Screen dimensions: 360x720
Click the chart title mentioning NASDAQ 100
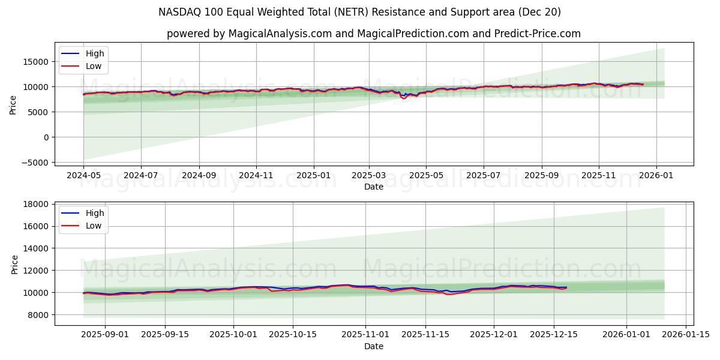(360, 12)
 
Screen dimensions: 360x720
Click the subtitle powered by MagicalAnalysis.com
(373, 34)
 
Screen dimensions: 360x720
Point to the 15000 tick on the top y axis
(36, 61)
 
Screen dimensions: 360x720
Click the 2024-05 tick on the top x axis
(83, 175)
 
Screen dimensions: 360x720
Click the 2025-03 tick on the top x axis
(368, 175)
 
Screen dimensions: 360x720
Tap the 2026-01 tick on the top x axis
(656, 175)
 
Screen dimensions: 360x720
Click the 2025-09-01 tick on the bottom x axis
(105, 335)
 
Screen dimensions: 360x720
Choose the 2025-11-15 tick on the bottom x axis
(425, 335)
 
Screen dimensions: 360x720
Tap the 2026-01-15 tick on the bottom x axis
(685, 335)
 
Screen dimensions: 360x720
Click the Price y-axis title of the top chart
(13, 106)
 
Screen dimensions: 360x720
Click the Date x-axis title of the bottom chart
(373, 346)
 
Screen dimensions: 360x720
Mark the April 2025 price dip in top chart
(403, 97)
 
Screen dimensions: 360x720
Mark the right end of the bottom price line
(566, 287)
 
